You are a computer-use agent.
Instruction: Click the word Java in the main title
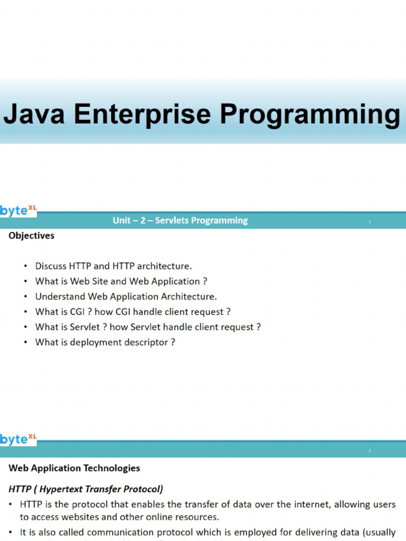34,114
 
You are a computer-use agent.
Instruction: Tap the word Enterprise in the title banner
142,115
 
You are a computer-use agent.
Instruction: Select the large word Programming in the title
310,115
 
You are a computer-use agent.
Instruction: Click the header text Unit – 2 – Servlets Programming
180,220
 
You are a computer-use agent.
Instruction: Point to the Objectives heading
31,236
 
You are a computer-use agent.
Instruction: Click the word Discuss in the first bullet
51,266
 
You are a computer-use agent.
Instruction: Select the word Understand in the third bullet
60,296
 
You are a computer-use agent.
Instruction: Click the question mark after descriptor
173,342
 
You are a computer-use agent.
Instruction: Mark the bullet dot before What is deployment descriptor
25,342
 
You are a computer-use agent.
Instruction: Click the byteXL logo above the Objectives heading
19,210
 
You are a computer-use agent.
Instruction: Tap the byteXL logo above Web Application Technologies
19,439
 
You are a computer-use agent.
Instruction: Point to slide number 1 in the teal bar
370,222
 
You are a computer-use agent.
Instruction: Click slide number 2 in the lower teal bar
370,451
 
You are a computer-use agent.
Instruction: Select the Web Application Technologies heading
74,468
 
